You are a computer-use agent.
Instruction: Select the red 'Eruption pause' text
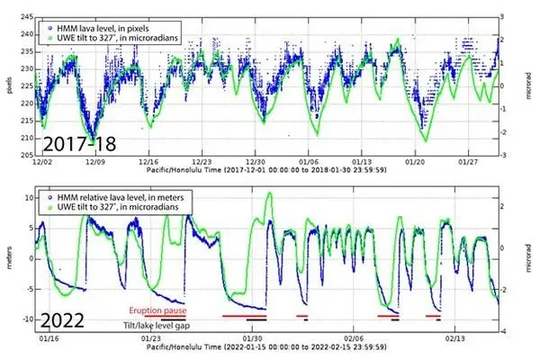[161, 309]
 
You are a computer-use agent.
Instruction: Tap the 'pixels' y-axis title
[8, 86]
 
